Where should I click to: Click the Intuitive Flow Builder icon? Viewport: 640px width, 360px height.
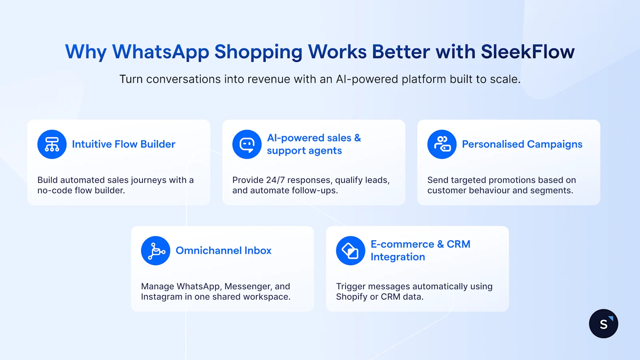[52, 144]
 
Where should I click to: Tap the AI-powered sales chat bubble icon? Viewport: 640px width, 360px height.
[247, 144]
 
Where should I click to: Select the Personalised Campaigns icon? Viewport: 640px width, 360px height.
[442, 144]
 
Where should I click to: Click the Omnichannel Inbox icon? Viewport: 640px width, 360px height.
[156, 251]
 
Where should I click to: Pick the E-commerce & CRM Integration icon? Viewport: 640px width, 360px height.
[350, 251]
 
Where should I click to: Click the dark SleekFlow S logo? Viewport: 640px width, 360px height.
[604, 324]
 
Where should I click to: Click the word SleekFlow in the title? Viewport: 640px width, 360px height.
[528, 52]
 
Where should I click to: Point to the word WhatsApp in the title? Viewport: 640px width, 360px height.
[160, 52]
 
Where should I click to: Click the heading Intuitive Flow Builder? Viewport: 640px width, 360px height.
[124, 144]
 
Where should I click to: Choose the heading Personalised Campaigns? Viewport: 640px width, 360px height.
[522, 144]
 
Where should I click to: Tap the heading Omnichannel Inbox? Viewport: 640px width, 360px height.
[224, 250]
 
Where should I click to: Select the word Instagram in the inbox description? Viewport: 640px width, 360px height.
[161, 297]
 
